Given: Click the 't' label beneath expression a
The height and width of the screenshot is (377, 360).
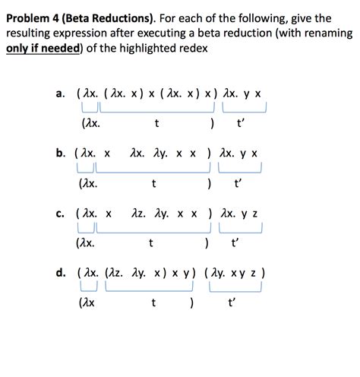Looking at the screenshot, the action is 156,123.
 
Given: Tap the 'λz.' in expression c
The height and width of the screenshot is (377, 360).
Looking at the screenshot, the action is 139,214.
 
